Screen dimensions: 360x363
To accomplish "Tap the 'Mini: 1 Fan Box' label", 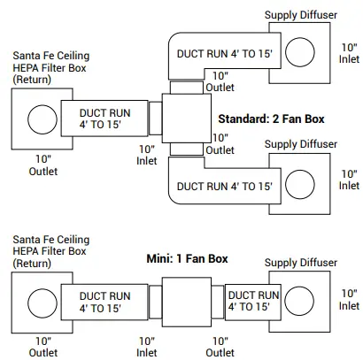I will [x=187, y=259].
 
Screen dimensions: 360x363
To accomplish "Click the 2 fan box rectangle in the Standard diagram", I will [x=186, y=119].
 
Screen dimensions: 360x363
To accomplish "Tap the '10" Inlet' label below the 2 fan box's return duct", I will [x=146, y=154].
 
